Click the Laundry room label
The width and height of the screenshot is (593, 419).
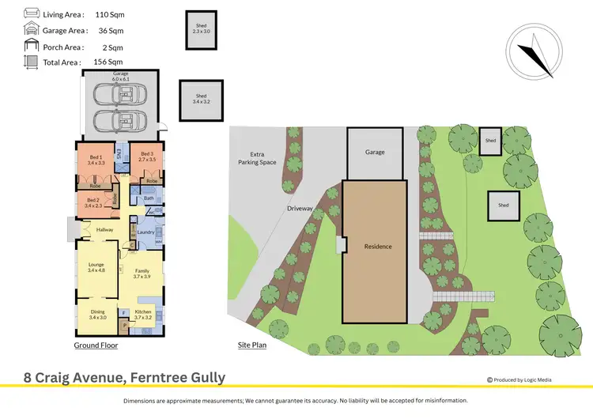tap(145, 232)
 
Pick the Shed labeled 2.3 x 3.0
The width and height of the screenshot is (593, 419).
tap(201, 29)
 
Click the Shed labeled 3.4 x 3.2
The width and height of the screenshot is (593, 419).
tap(201, 99)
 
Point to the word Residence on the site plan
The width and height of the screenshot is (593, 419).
tap(377, 247)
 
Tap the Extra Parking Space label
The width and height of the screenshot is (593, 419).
tap(256, 159)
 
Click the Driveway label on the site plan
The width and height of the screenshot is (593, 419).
tap(301, 209)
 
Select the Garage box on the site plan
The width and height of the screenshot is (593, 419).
tap(374, 152)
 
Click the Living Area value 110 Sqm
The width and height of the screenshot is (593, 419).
tap(109, 15)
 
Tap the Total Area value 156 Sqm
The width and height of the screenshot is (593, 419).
tap(109, 62)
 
